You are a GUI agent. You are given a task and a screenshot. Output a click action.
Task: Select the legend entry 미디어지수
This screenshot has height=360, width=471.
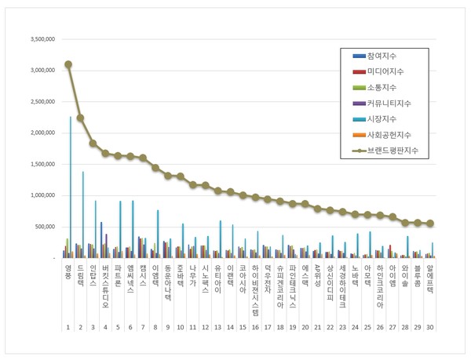pyautogui.click(x=384, y=72)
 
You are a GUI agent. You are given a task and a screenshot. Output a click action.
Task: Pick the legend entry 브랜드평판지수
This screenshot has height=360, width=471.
pyautogui.click(x=392, y=149)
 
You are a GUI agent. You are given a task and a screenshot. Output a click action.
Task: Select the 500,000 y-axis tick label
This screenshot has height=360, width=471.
pyautogui.click(x=41, y=227)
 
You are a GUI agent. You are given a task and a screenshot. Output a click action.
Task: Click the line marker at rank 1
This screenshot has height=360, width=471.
pyautogui.click(x=68, y=64)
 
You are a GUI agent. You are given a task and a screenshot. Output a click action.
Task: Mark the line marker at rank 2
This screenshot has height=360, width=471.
pyautogui.click(x=81, y=118)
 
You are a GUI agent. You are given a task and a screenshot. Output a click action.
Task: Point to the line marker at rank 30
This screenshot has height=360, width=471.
pyautogui.click(x=430, y=224)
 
